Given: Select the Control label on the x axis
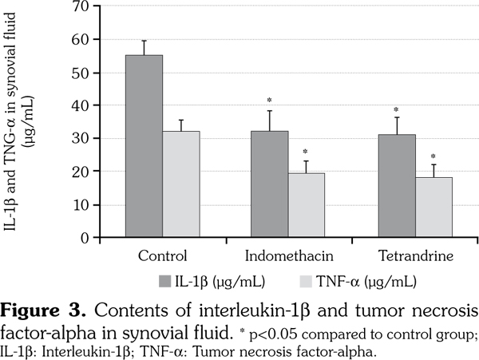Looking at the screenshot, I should (162, 257).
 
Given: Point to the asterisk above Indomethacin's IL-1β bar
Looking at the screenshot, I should (270, 101).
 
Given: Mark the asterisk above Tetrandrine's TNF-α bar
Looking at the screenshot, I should (433, 156).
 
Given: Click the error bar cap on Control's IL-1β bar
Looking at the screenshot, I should (144, 41).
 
